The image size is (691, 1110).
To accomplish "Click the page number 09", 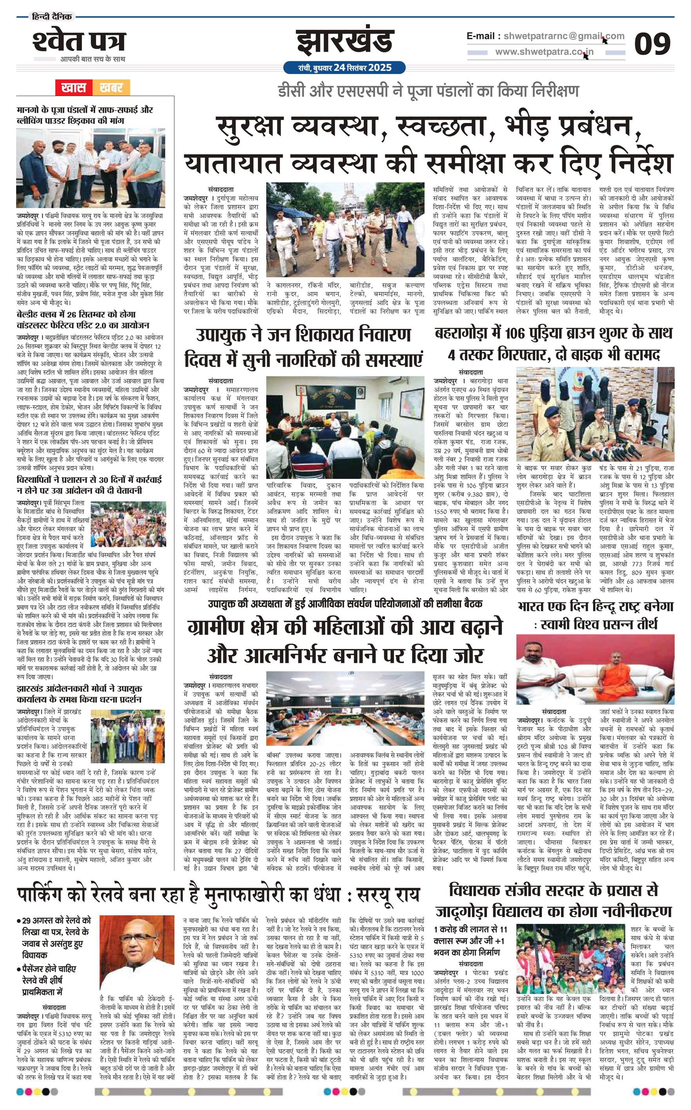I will tap(652, 45).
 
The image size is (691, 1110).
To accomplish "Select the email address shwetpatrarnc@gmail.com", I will tap(545, 36).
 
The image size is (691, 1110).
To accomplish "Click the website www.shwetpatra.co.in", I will tap(544, 52).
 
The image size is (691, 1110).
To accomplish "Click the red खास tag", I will tap(74, 87).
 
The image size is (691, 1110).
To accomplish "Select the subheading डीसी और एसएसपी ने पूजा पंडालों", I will tap(428, 91).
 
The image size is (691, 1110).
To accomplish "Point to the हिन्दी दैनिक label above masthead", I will tap(52, 17).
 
